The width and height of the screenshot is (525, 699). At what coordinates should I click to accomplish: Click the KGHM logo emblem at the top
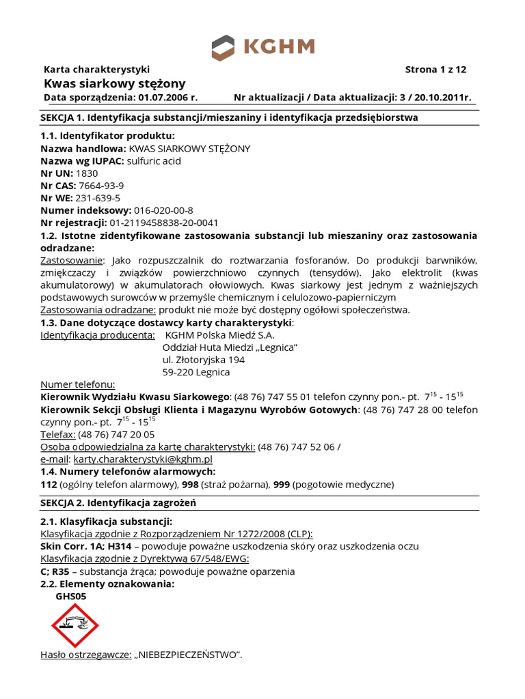(x=222, y=48)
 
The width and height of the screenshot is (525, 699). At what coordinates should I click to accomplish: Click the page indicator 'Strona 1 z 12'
(x=435, y=70)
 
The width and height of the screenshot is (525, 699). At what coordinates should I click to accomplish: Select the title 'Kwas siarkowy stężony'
(x=114, y=83)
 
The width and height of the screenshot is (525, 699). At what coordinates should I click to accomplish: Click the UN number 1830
(x=87, y=173)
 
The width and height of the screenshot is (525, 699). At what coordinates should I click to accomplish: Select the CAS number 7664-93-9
(x=101, y=186)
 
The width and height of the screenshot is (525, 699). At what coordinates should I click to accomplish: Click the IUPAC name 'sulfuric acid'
(x=154, y=161)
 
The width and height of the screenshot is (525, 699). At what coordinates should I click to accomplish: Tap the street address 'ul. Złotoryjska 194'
(x=203, y=360)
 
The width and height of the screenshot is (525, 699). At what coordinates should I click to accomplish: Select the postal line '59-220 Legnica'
(x=196, y=372)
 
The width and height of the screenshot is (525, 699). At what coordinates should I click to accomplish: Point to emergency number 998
(x=189, y=485)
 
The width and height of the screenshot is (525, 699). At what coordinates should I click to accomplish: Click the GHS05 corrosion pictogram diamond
(x=75, y=625)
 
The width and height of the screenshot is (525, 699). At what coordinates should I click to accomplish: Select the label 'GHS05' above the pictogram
(x=70, y=596)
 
